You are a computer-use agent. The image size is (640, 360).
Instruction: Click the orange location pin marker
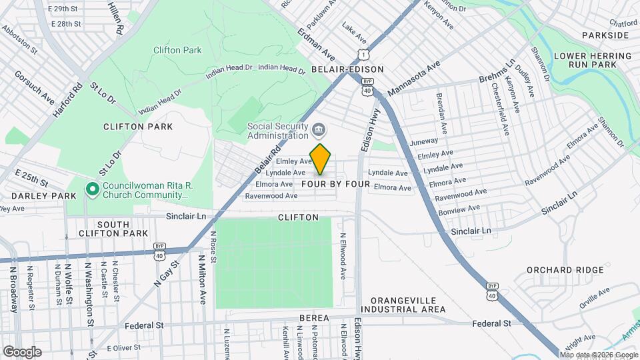point(321,159)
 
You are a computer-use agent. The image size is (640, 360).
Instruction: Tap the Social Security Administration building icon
point(319,128)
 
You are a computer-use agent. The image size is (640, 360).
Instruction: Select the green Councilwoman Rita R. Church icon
point(93,190)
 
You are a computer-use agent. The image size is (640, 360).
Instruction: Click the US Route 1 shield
point(362,53)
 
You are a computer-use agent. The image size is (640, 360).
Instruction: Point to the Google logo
point(22,351)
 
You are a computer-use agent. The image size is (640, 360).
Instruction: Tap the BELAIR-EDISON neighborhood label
point(347,69)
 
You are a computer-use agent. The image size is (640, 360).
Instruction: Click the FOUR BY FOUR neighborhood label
point(335,183)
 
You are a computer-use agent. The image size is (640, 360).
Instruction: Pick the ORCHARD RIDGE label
point(565,270)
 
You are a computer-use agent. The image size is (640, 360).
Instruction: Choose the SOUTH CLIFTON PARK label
point(113,229)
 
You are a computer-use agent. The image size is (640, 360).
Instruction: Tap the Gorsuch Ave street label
point(35,87)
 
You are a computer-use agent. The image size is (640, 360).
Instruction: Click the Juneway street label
point(425,141)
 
